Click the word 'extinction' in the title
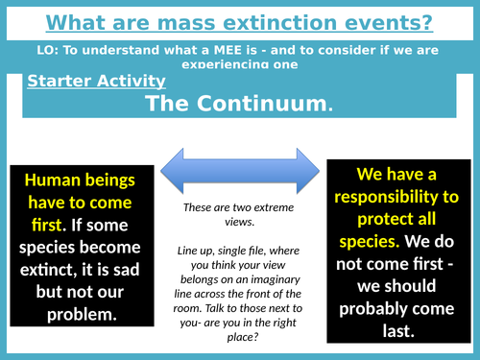click(x=290, y=20)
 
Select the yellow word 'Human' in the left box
click(x=54, y=180)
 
